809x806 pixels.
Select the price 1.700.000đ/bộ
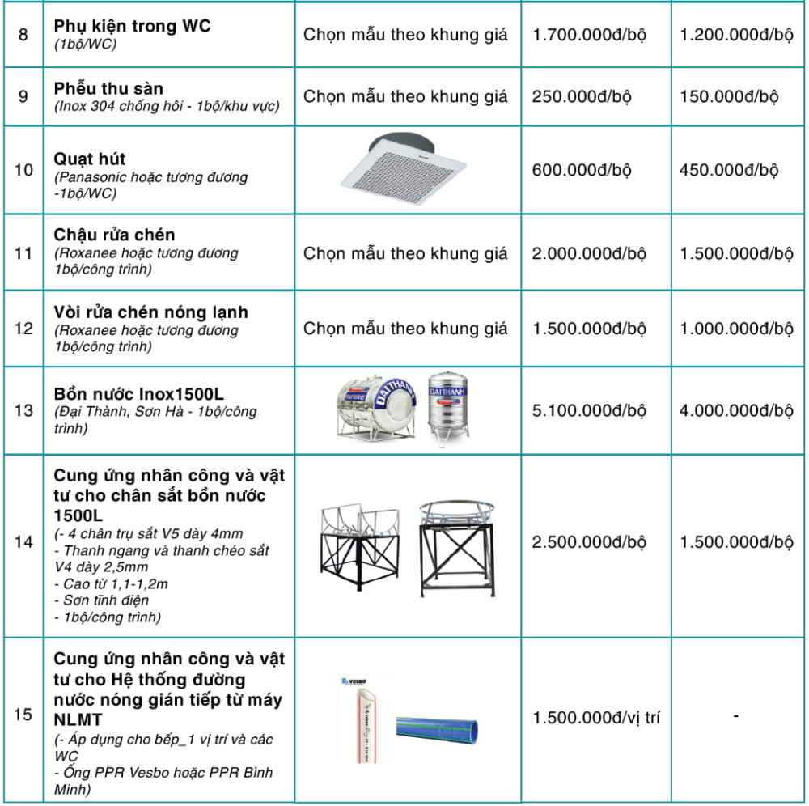tap(589, 35)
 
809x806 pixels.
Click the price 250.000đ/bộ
tap(582, 96)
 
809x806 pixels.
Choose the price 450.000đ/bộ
tap(729, 170)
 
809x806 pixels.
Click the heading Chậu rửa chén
tap(114, 235)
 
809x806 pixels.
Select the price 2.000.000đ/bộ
tap(589, 253)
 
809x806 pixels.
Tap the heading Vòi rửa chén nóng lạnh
tap(151, 312)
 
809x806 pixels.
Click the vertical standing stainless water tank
tap(447, 409)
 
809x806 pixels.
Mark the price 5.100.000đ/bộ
tap(589, 410)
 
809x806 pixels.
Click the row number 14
tap(24, 542)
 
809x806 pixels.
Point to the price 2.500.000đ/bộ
tap(589, 542)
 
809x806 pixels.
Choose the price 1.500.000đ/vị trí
tap(596, 717)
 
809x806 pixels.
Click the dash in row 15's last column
tap(735, 715)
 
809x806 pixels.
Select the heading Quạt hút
tap(90, 159)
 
